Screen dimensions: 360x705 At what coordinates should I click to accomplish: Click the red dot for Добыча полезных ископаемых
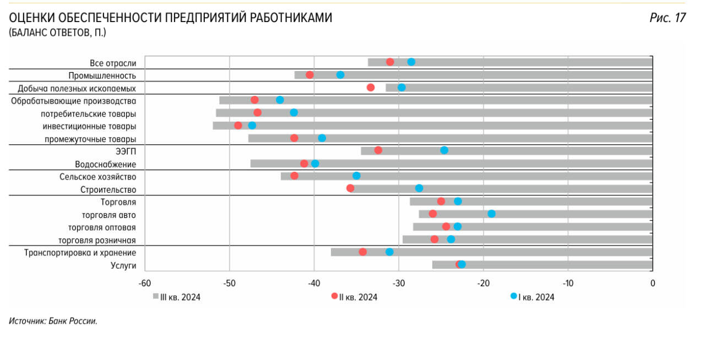click(371, 88)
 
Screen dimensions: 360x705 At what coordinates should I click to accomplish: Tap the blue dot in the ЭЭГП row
click(444, 150)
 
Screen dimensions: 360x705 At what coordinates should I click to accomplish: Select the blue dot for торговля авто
click(491, 214)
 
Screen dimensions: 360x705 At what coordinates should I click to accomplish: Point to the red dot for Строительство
click(350, 188)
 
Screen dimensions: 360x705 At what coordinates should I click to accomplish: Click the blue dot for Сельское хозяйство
click(356, 176)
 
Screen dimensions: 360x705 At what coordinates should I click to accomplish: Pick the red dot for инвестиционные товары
click(238, 126)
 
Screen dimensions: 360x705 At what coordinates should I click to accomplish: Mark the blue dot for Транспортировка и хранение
click(389, 252)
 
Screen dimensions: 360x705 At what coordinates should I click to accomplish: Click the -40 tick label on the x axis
click(314, 283)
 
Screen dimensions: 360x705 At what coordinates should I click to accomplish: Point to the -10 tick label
click(568, 283)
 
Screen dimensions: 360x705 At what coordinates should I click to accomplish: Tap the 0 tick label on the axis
click(653, 283)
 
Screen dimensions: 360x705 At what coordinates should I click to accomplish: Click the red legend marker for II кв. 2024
click(334, 296)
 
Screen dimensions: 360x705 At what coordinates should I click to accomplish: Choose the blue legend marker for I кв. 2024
click(514, 296)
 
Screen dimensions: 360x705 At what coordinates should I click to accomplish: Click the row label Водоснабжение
click(105, 164)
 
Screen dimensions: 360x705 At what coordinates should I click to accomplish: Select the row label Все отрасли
click(113, 63)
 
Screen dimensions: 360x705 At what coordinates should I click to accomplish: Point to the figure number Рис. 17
click(668, 18)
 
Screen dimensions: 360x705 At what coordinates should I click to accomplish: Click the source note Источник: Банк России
click(53, 321)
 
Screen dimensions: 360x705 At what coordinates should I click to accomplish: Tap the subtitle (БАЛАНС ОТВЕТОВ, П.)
click(57, 33)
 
